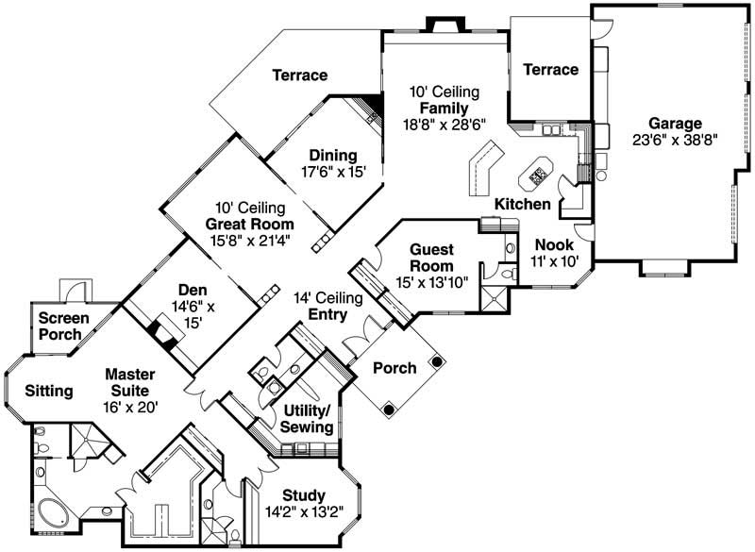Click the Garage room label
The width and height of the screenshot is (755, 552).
pyautogui.click(x=675, y=124)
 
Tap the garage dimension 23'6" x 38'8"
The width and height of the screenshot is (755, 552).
pyautogui.click(x=675, y=141)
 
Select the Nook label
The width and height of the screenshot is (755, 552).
pyautogui.click(x=547, y=245)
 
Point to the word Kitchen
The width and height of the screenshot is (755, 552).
pyautogui.click(x=523, y=204)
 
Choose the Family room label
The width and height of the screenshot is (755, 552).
pyautogui.click(x=445, y=108)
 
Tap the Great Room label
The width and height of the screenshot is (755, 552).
pyautogui.click(x=249, y=225)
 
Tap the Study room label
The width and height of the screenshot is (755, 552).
pyautogui.click(x=304, y=495)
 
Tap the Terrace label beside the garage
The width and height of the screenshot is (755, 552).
pyautogui.click(x=550, y=69)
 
